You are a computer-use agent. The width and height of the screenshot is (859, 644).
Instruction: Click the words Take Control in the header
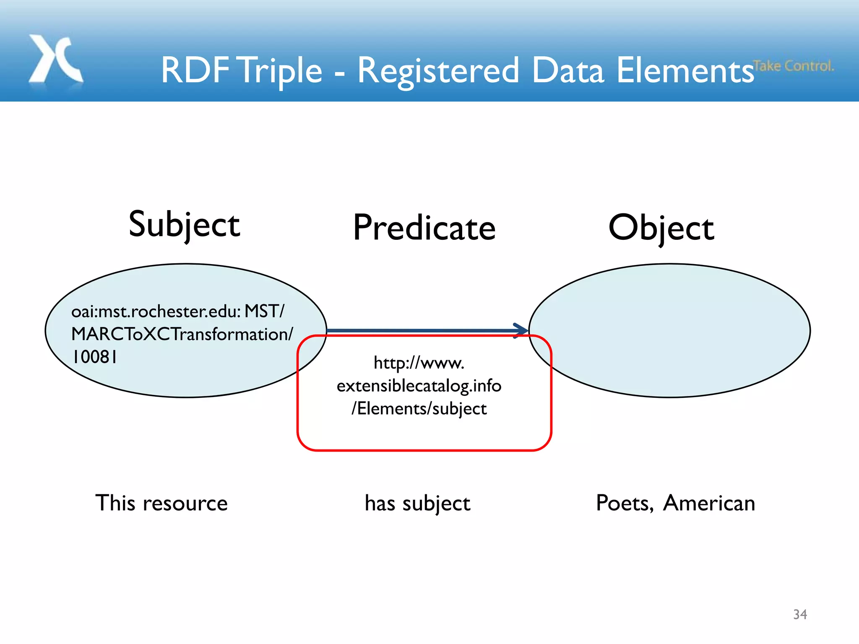[793, 66]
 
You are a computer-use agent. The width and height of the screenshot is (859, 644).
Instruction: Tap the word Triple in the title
[281, 70]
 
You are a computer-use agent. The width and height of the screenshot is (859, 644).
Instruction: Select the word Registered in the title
[438, 70]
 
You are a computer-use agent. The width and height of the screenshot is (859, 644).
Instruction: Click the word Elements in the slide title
[685, 70]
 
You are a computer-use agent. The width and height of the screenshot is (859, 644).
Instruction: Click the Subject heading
[184, 225]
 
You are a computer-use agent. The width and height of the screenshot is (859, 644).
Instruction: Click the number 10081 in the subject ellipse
[95, 357]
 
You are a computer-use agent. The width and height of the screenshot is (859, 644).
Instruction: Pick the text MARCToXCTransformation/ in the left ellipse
[182, 334]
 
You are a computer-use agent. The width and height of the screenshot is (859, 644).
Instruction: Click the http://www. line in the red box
[419, 363]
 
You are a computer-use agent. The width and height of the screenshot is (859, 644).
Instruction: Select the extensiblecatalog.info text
[419, 386]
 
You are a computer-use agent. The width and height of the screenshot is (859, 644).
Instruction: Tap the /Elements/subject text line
[419, 409]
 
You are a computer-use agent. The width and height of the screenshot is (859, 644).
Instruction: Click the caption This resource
[161, 503]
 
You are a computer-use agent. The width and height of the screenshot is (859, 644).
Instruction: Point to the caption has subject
[417, 503]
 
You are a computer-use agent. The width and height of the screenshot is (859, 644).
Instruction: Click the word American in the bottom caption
[709, 503]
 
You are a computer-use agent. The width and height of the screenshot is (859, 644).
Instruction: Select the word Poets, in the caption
[625, 503]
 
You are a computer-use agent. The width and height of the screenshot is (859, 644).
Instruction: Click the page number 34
[800, 614]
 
